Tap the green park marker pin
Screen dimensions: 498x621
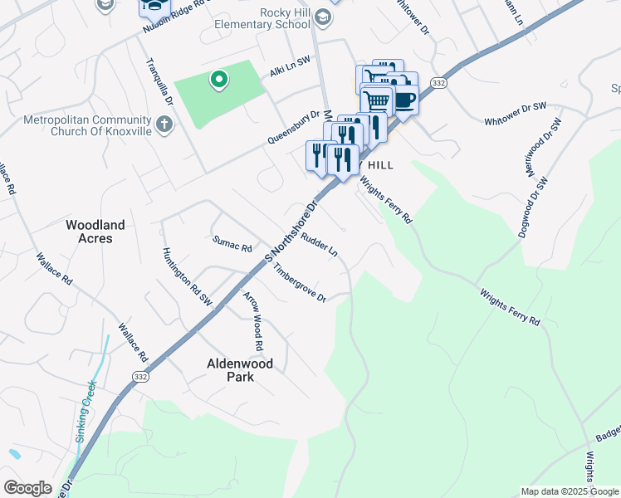218,80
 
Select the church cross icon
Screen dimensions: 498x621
164,125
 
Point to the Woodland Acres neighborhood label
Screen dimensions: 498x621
95,232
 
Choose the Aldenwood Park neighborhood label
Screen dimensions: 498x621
240,370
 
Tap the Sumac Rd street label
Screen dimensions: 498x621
232,245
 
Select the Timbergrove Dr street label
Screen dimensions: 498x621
300,284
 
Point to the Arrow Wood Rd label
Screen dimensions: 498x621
252,320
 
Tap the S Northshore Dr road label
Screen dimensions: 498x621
292,232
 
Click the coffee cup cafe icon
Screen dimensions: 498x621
403,99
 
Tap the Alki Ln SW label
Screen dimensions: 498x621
290,72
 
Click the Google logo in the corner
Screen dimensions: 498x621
28,488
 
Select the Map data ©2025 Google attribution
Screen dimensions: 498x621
570,491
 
